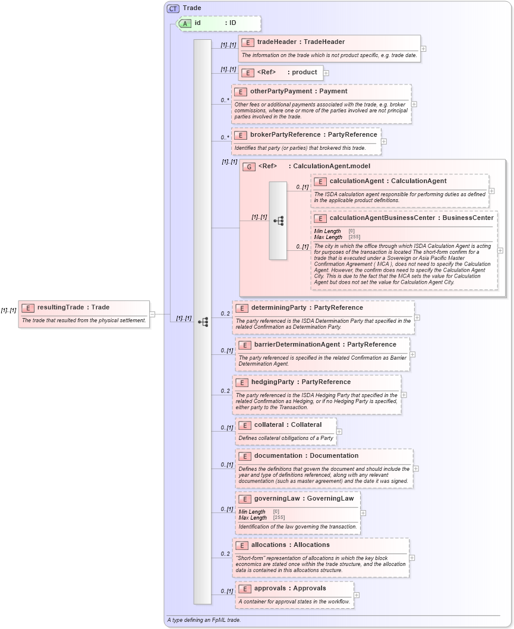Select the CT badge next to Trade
173,8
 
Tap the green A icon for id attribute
185,23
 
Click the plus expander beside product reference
326,73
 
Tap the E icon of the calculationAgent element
320,181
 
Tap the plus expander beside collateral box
339,432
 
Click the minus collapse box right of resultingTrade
152,314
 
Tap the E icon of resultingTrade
28,307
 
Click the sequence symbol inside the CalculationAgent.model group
278,221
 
